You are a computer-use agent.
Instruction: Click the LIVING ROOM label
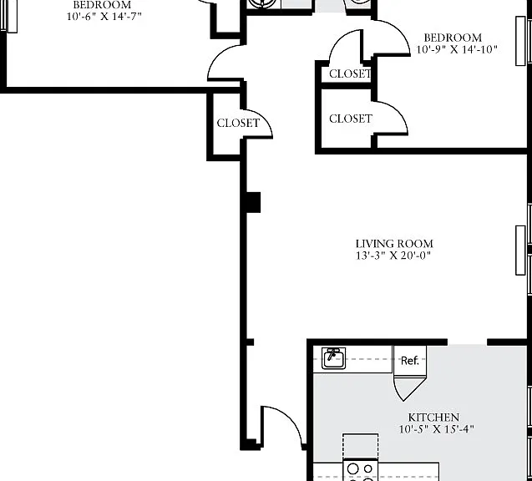394,244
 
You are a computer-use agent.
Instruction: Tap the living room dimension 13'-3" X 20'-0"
393,255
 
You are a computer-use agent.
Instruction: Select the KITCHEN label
433,418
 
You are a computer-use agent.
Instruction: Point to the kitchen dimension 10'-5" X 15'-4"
436,429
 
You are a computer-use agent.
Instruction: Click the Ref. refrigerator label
409,360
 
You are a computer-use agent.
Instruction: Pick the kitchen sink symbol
334,358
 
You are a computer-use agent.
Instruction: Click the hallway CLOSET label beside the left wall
238,123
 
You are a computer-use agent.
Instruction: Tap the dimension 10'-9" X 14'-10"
457,49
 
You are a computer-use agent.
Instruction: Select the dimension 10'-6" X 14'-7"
104,16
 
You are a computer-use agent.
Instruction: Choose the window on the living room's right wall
520,251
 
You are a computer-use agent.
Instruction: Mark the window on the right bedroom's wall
520,41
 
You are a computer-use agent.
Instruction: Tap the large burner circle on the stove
352,468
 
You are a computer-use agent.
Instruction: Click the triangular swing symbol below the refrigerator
409,388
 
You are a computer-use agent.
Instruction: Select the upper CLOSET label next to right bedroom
350,73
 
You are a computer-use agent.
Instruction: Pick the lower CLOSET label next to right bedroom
351,119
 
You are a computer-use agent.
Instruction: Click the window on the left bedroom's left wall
13,16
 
